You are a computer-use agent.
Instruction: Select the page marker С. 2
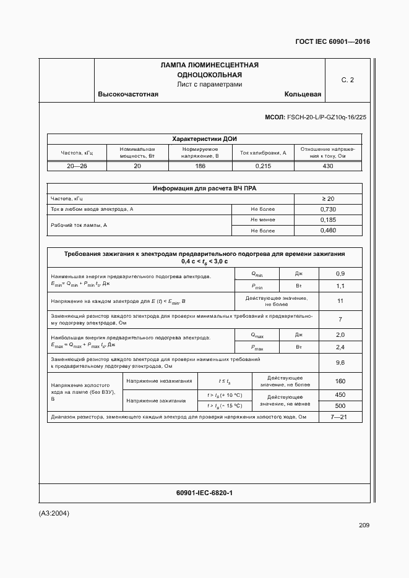pos(347,80)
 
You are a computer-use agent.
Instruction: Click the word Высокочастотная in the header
pos(128,95)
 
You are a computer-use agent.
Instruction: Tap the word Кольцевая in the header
pos(303,95)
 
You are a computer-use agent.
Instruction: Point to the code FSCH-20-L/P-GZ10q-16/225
pos(322,117)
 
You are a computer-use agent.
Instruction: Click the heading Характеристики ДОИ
pos(204,139)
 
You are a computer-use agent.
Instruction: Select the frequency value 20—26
pos(77,166)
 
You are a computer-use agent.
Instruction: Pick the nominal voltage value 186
pos(200,166)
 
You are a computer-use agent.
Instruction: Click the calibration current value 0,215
pos(263,166)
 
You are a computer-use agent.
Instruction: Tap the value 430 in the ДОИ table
pos(328,166)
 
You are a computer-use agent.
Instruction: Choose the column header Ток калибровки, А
pos(263,153)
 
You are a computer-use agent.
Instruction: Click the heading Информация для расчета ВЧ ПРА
pos(204,189)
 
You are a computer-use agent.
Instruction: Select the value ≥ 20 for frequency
pos(328,199)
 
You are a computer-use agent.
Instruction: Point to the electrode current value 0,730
pos(328,210)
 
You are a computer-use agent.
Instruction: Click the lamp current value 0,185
pos(328,220)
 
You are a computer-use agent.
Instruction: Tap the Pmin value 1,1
pos(340,286)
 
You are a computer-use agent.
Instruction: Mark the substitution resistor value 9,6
pos(340,363)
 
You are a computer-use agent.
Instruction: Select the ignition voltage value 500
pos(340,406)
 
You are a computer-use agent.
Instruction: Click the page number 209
pos(364,525)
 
